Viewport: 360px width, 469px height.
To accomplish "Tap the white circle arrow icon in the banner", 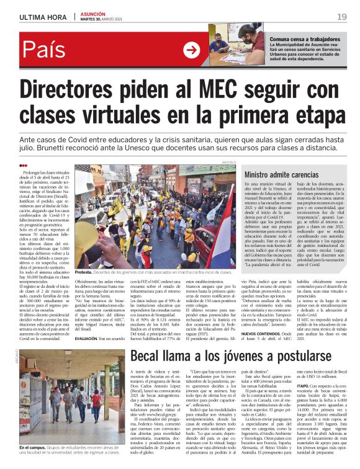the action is coord(191,51).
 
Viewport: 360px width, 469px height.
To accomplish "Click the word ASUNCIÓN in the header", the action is coord(93,14).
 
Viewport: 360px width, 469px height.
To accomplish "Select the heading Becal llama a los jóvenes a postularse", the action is coord(235,355).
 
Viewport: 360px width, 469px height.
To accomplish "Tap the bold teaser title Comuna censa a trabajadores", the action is coord(305,38).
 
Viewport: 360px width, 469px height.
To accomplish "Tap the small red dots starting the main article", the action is coord(23,166).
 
